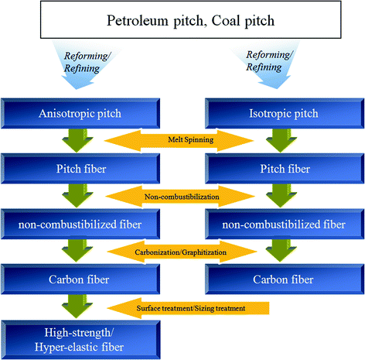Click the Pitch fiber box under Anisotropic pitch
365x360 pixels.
point(81,166)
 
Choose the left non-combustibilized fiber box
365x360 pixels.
point(81,225)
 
